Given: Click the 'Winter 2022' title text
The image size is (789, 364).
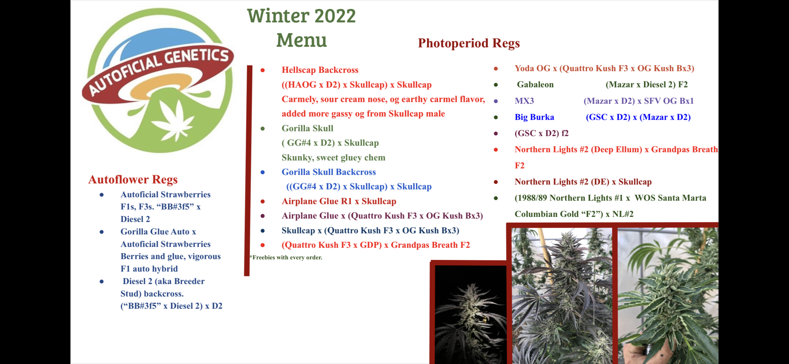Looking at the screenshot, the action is pyautogui.click(x=301, y=16).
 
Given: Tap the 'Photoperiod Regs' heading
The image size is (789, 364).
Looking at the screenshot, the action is pyautogui.click(x=469, y=43).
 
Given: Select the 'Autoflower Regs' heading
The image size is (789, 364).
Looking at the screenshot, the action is pyautogui.click(x=133, y=179).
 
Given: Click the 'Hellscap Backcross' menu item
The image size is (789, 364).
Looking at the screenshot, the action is pyautogui.click(x=320, y=70).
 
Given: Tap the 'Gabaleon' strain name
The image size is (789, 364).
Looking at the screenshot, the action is pyautogui.click(x=535, y=84).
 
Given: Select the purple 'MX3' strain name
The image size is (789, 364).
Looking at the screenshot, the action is pyautogui.click(x=524, y=101).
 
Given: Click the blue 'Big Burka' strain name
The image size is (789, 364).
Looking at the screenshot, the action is pyautogui.click(x=534, y=117).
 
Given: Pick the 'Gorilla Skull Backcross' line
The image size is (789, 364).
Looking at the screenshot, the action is pyautogui.click(x=329, y=172).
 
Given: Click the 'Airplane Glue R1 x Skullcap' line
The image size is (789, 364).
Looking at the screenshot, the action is pyautogui.click(x=339, y=201).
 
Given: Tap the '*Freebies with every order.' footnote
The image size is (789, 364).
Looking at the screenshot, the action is pyautogui.click(x=286, y=257).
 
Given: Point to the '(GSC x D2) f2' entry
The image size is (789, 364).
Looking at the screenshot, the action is pyautogui.click(x=542, y=133).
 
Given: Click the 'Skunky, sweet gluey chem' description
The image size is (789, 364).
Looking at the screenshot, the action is pyautogui.click(x=333, y=157).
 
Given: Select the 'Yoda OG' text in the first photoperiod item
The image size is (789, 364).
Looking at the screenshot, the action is pyautogui.click(x=532, y=68).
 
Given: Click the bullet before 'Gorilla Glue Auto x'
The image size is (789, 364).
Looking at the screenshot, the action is pyautogui.click(x=101, y=232).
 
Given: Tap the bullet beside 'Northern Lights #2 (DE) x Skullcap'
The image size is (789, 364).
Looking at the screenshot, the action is pyautogui.click(x=496, y=182).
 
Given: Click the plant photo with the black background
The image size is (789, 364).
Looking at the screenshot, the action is pyautogui.click(x=470, y=314).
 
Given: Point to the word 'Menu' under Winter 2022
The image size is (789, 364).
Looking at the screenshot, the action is pyautogui.click(x=301, y=40).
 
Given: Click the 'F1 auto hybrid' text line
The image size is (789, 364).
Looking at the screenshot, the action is pyautogui.click(x=149, y=269).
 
